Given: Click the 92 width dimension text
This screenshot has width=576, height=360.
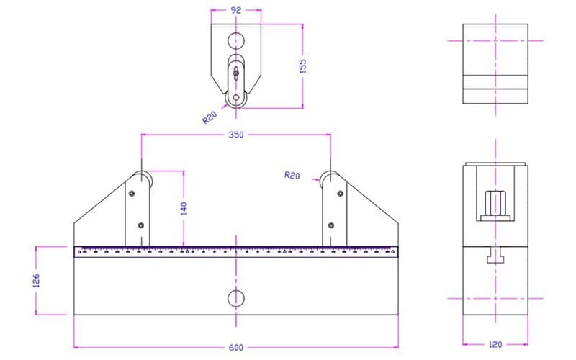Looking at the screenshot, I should [235, 11].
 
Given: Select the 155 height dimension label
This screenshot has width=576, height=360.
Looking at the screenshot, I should [302, 66].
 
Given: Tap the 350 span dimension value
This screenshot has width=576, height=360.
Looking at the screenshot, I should [235, 135].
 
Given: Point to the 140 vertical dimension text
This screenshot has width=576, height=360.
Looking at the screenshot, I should [184, 209].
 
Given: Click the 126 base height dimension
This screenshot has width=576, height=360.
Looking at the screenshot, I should [37, 280].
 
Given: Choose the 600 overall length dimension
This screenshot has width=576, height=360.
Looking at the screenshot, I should [235, 348].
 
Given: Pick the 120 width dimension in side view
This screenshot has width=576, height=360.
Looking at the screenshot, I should [495, 345].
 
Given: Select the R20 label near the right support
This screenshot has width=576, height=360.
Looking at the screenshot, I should [292, 175].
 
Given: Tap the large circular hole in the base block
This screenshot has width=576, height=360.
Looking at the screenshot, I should [235, 297].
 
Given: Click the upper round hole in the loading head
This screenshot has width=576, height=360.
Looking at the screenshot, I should [235, 39].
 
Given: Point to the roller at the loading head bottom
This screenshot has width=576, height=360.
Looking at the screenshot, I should [235, 99].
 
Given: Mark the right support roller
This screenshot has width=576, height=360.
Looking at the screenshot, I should [330, 179].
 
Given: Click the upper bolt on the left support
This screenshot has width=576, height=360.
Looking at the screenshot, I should [131, 193].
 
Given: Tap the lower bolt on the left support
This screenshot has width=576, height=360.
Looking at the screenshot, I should [140, 225].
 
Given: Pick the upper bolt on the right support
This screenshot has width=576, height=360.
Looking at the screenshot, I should [340, 193].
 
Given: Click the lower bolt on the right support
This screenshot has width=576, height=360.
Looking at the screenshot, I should [330, 225].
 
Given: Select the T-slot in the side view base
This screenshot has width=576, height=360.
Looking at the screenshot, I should [495, 256].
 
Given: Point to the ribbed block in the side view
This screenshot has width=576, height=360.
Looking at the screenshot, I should [495, 204].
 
